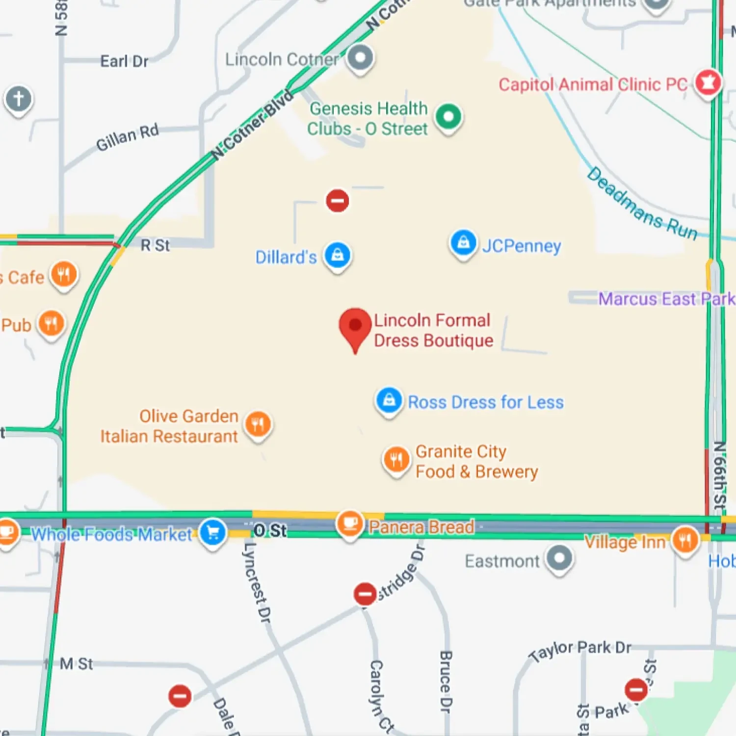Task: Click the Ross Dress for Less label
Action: pos(486,402)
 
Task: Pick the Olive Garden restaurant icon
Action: pos(258,424)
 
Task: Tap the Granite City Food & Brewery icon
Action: pos(396,459)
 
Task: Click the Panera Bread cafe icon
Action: pos(350,524)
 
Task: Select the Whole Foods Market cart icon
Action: pos(213,532)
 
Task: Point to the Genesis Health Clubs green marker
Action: pos(448,117)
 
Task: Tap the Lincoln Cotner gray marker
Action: pos(361,58)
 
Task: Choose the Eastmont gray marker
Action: pos(559,558)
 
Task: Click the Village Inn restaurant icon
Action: pos(685,540)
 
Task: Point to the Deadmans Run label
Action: pos(642,204)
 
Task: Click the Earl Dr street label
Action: pos(124,61)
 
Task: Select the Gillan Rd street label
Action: pos(128,138)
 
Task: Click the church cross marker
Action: pos(19,99)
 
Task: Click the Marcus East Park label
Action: pos(666,299)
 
